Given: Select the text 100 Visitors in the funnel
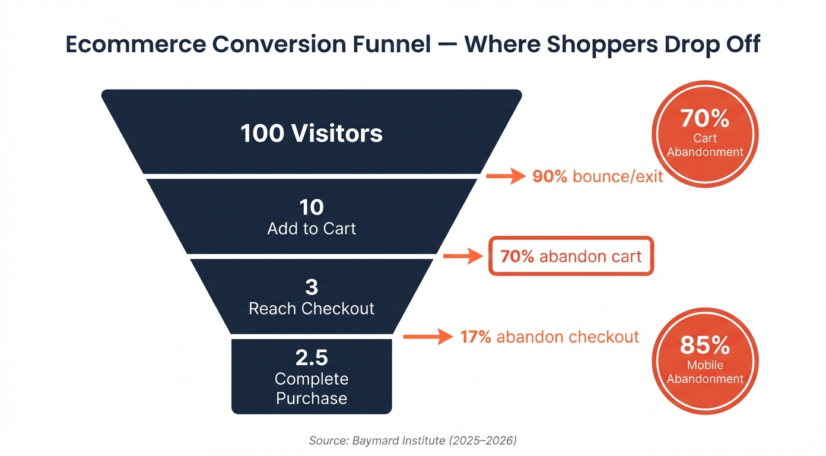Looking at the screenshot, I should (x=312, y=134).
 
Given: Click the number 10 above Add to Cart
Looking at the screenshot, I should (x=312, y=207).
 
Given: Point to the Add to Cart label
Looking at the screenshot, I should (x=312, y=229).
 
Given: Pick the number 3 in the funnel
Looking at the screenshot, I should (x=312, y=287).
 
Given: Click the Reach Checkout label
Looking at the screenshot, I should (x=312, y=309).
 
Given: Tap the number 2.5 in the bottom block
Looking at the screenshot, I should (x=312, y=358).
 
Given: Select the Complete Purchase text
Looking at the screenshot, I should (x=312, y=388).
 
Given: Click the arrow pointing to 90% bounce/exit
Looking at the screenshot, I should (x=506, y=176).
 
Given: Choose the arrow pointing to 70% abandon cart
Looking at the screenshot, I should (x=463, y=256).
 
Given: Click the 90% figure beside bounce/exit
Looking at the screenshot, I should (x=549, y=176).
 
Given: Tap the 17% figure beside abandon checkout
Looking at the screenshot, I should (x=476, y=337).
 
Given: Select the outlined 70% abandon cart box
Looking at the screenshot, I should (x=571, y=256).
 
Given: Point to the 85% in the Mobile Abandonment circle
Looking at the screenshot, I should (x=704, y=345).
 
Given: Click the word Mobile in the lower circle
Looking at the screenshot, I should (x=705, y=365).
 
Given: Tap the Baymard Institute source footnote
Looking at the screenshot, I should (x=413, y=441).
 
